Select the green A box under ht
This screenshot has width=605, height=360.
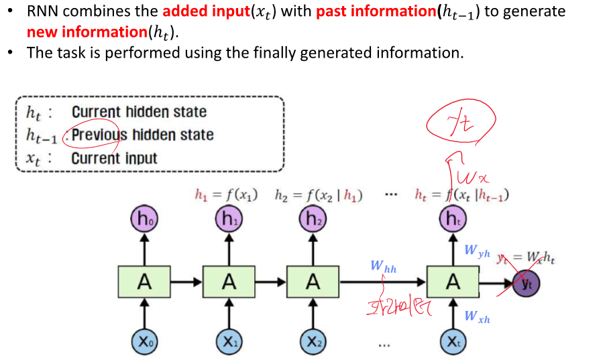click(x=453, y=282)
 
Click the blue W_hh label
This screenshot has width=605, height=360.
click(x=383, y=267)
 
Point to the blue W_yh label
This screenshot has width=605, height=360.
click(x=477, y=251)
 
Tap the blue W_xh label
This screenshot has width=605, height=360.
click(x=477, y=317)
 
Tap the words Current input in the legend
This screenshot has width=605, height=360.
click(x=114, y=159)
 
